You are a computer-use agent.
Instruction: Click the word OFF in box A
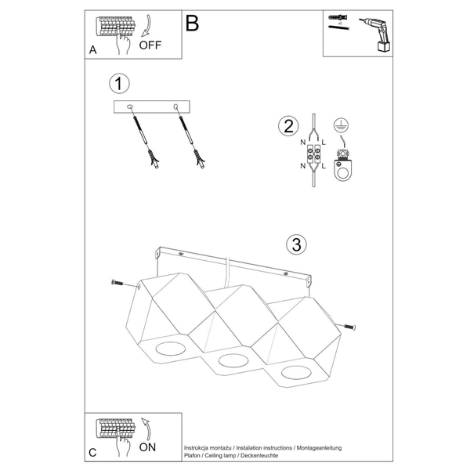(150, 45)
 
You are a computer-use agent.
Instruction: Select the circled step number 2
(288, 126)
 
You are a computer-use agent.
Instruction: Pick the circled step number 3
(295, 244)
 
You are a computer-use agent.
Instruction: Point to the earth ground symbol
(339, 125)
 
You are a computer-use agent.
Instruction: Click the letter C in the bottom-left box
(93, 453)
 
